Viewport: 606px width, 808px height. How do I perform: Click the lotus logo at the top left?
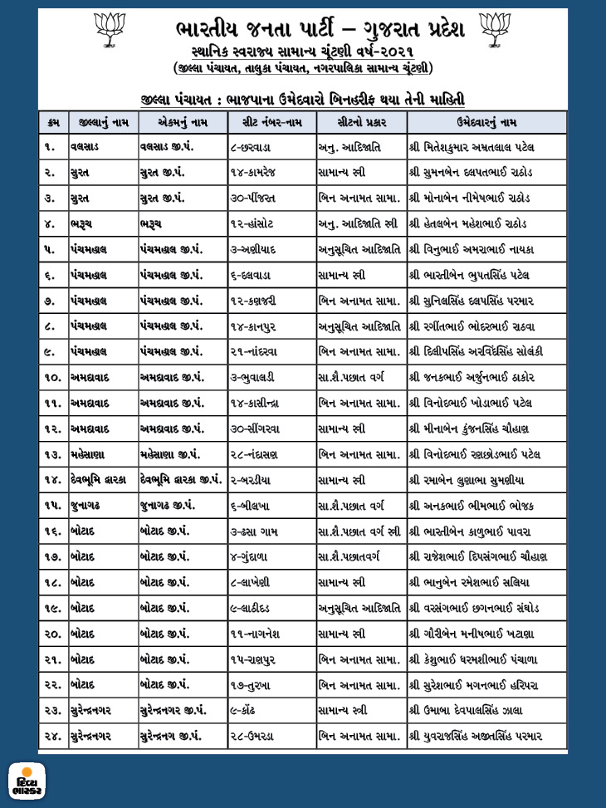tap(111, 30)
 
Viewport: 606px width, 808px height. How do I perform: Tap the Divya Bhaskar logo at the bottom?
tap(27, 781)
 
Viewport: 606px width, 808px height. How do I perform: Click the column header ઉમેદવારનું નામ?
tap(486, 123)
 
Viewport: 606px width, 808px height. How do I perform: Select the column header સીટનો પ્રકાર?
tap(360, 123)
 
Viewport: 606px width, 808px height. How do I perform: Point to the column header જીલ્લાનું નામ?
tap(102, 123)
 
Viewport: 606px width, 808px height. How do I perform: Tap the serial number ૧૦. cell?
tap(52, 378)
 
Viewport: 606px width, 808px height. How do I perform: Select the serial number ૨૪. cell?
tap(52, 736)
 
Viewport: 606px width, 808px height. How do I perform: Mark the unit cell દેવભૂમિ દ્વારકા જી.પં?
tap(181, 480)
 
